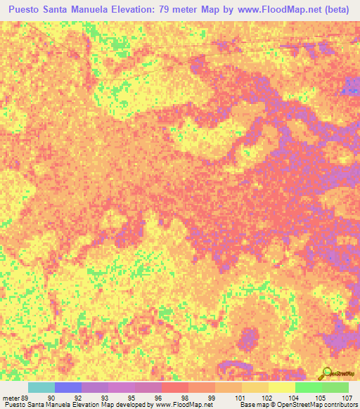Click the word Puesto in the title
[x=30, y=11]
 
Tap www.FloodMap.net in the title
[x=272, y=11]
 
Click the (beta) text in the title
[x=331, y=11]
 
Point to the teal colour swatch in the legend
[x=41, y=387]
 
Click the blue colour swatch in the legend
[x=67, y=387]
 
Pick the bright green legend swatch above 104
[x=308, y=387]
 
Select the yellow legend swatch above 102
[x=255, y=387]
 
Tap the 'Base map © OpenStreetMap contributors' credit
[x=297, y=404]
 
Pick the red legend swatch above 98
[x=174, y=387]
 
